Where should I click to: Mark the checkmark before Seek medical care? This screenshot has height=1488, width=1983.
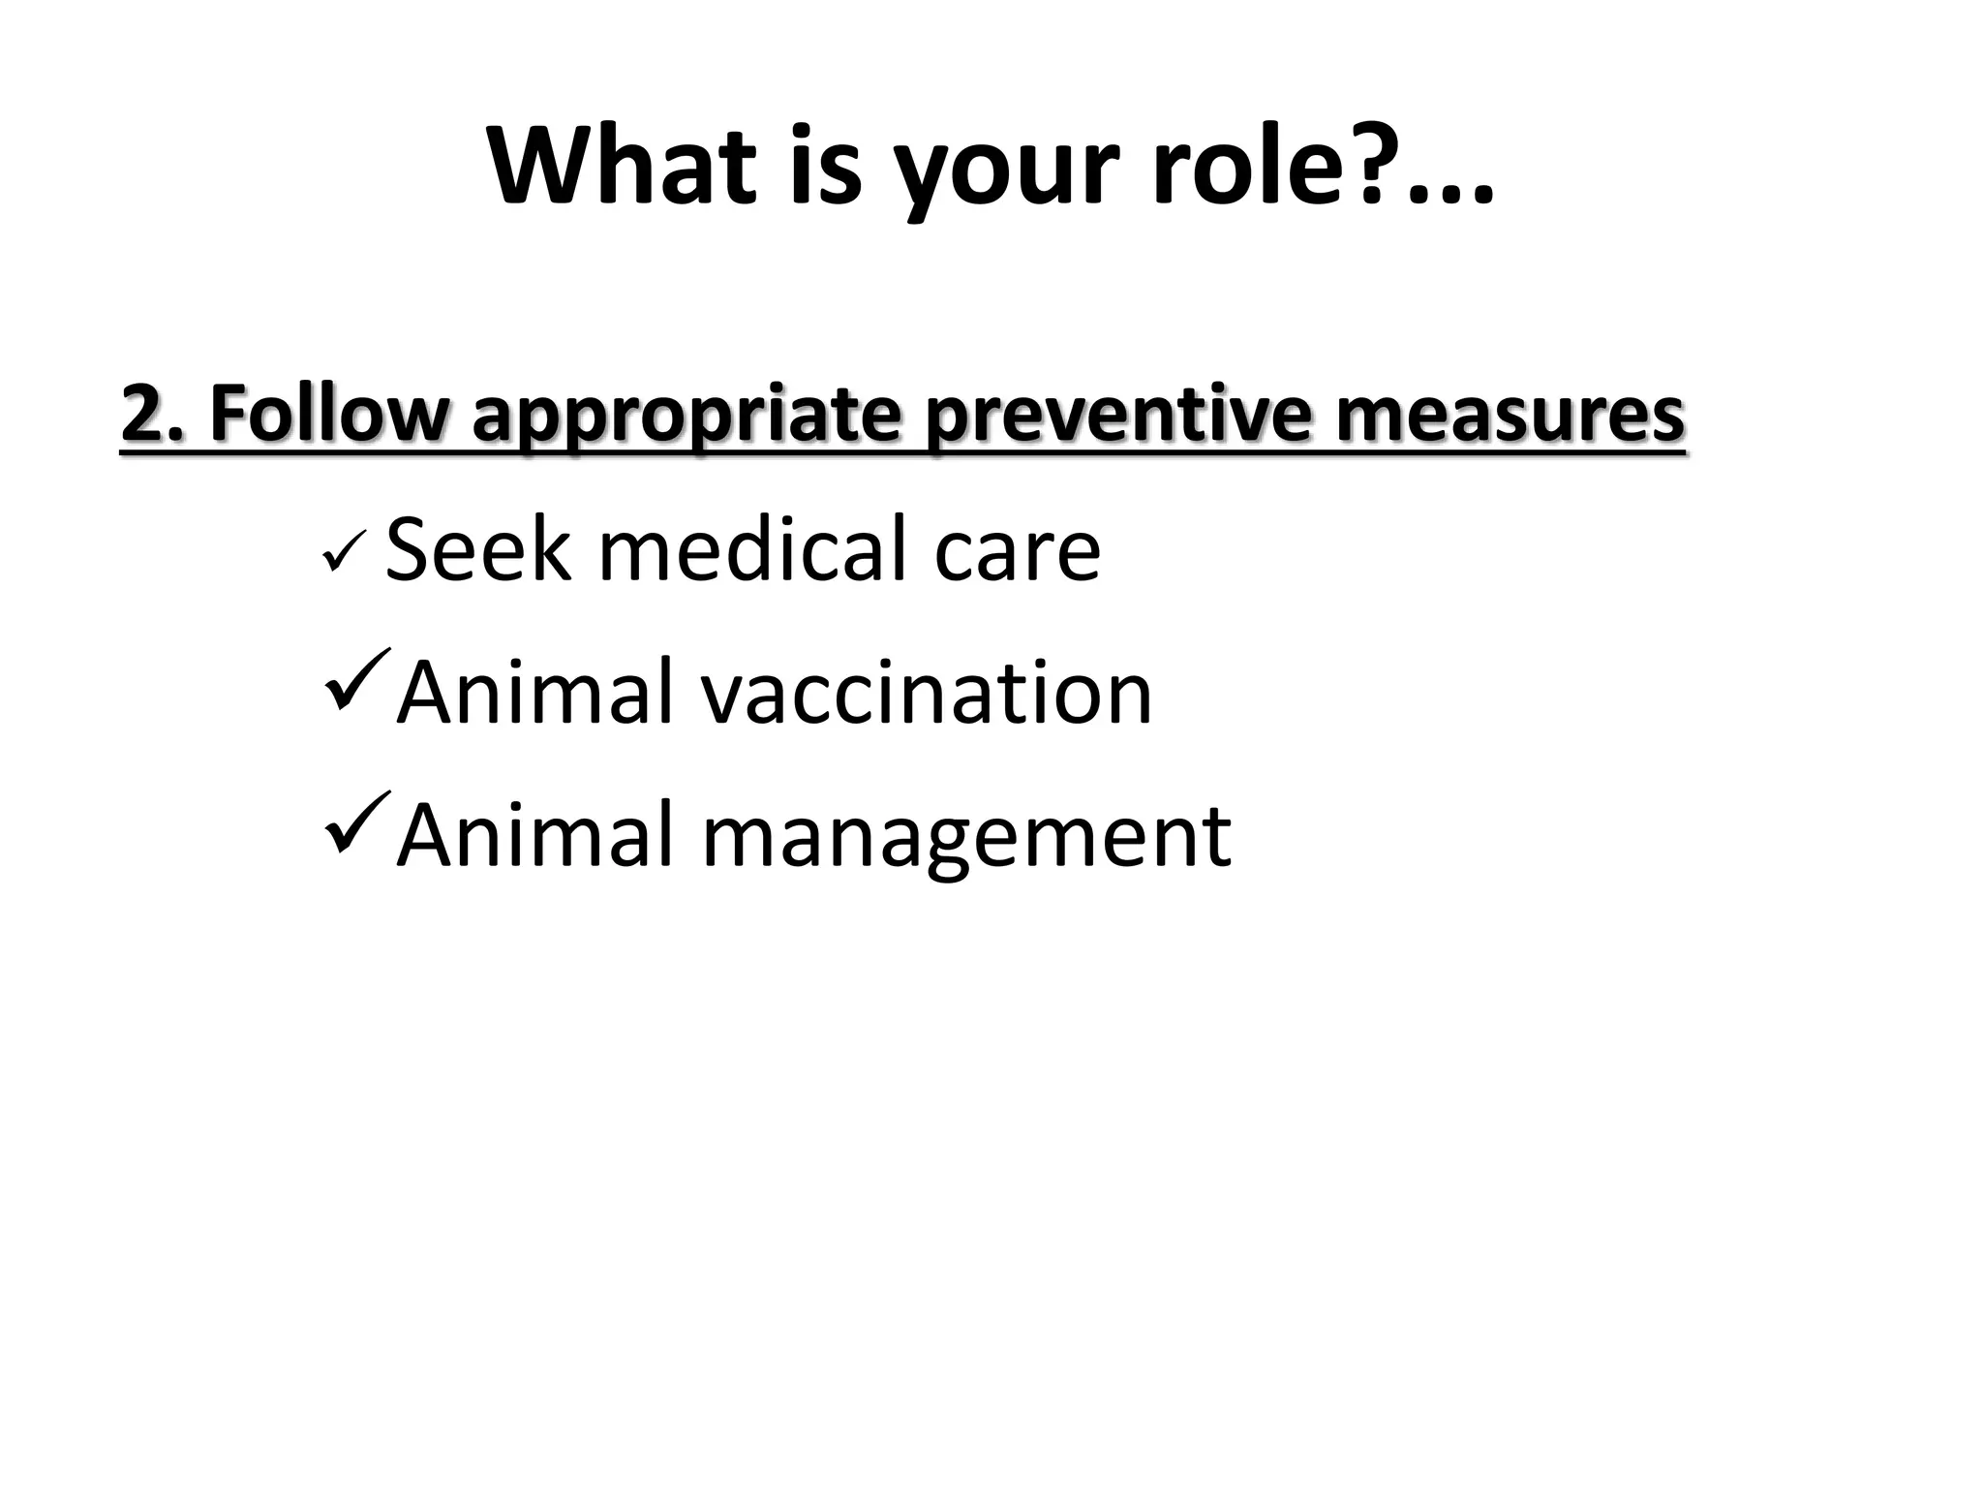[345, 557]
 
